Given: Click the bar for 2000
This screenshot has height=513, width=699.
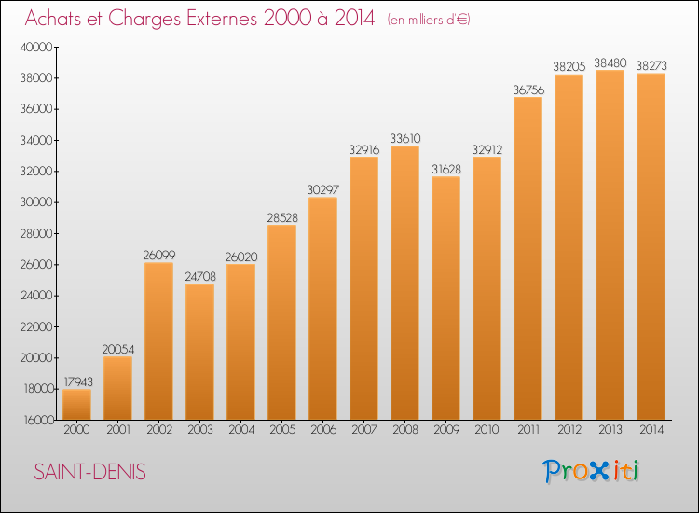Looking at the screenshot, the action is pyautogui.click(x=76, y=405).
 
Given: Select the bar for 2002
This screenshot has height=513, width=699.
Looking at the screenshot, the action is pyautogui.click(x=158, y=341).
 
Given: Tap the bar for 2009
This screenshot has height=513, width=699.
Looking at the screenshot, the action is pyautogui.click(x=445, y=298).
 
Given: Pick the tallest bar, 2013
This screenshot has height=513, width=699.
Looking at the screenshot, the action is pyautogui.click(x=610, y=245).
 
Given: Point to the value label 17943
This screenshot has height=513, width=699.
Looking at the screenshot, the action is pyautogui.click(x=78, y=381).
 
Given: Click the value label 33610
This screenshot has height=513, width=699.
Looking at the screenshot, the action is pyautogui.click(x=405, y=138).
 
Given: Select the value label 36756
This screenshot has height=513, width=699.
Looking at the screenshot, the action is pyautogui.click(x=528, y=90).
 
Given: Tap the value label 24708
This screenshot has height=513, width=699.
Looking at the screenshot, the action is pyautogui.click(x=200, y=277).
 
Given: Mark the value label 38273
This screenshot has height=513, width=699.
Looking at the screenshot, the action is pyautogui.click(x=651, y=66).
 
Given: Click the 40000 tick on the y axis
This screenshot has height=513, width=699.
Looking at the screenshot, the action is pyautogui.click(x=36, y=48).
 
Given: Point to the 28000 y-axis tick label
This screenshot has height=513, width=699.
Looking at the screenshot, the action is pyautogui.click(x=36, y=234).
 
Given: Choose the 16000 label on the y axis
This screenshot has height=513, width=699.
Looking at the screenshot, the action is pyautogui.click(x=37, y=421).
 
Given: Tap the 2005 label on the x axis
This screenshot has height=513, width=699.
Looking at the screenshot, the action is pyautogui.click(x=282, y=430).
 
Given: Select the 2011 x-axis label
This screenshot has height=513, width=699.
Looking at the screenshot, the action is pyautogui.click(x=528, y=430).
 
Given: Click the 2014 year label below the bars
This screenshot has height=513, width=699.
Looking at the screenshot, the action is pyautogui.click(x=651, y=430).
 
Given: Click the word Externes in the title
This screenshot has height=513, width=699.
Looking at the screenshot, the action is pyautogui.click(x=222, y=19).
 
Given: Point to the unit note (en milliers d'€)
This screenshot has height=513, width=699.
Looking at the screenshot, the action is pyautogui.click(x=429, y=20).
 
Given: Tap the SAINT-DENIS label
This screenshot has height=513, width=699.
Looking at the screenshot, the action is pyautogui.click(x=90, y=472).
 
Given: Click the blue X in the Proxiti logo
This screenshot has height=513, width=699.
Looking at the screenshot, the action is pyautogui.click(x=598, y=471).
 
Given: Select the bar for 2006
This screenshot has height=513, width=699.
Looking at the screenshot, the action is pyautogui.click(x=322, y=309).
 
